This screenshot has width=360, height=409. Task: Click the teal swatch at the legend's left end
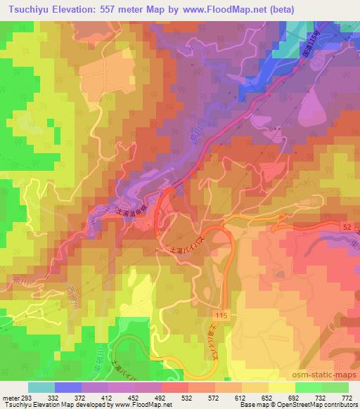click(41, 387)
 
